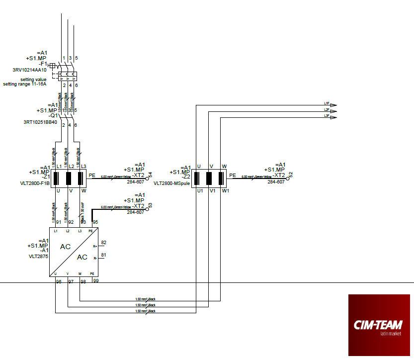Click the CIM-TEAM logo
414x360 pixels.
(x=380, y=326)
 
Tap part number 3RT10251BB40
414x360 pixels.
(x=40, y=122)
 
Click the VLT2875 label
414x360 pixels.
(x=38, y=256)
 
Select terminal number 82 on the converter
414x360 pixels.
(x=103, y=243)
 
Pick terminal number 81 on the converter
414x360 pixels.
(x=103, y=255)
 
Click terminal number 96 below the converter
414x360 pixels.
(x=58, y=282)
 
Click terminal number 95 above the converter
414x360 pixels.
(x=95, y=222)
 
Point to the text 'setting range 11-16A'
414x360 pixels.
(x=24, y=84)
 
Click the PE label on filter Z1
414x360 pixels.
(x=92, y=175)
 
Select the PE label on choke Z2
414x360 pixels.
(x=233, y=175)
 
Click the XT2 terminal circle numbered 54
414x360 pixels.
(x=147, y=178)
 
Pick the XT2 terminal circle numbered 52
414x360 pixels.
(x=287, y=178)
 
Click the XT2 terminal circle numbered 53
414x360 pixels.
(x=147, y=209)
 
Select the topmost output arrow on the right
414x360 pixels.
(x=333, y=105)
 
